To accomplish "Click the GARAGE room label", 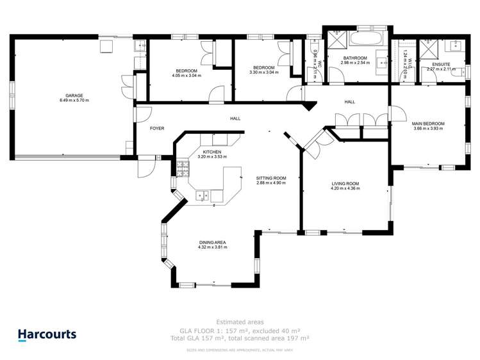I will [x=74, y=95].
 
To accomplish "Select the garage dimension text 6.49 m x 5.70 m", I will [x=74, y=101].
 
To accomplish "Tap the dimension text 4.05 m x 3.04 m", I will [x=186, y=76].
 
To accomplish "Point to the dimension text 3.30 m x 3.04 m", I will [x=263, y=72].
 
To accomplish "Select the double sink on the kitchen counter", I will [x=204, y=194].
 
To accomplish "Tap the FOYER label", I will [x=157, y=129].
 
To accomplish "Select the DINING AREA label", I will [x=211, y=242].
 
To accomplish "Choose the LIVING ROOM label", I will [x=345, y=184].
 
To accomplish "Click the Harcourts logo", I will [x=47, y=334].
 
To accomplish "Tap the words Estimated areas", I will [x=240, y=322].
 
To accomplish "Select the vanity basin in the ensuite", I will [x=456, y=46].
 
